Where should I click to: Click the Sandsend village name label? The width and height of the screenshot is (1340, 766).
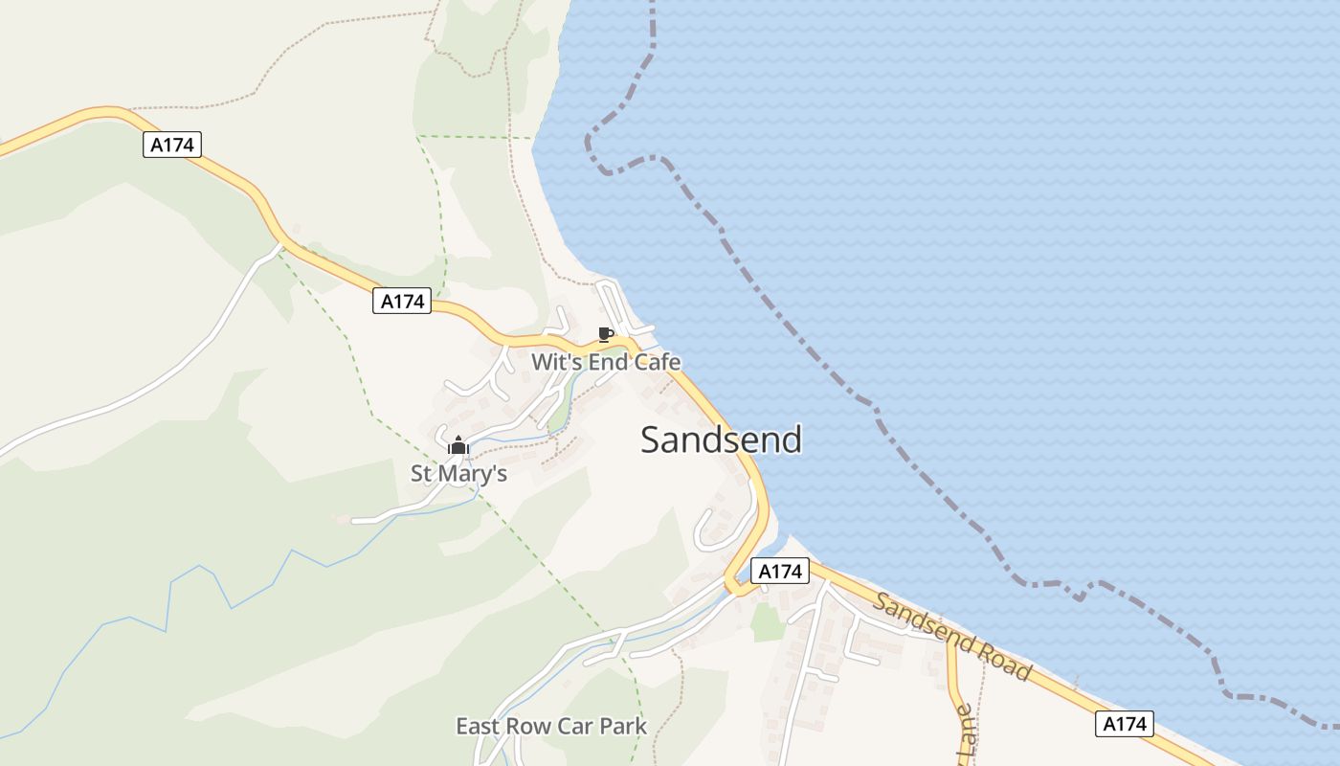click(x=721, y=439)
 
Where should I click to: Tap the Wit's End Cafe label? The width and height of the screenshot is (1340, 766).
click(x=606, y=362)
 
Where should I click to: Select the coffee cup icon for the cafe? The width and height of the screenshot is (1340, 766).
click(x=604, y=334)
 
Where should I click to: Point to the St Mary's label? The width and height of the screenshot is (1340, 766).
click(x=458, y=473)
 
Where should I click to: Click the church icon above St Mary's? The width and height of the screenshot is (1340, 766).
click(x=458, y=445)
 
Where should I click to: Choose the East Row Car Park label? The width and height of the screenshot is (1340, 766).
click(x=551, y=726)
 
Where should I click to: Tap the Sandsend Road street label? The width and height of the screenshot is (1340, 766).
click(x=953, y=637)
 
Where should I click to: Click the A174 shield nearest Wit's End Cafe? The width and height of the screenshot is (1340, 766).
click(x=402, y=301)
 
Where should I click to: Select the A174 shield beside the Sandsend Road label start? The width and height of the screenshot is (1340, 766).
click(x=779, y=572)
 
